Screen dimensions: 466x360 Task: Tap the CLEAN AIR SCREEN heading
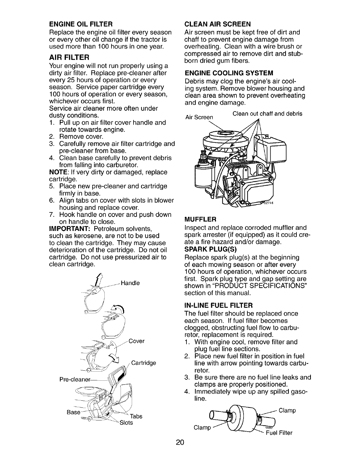217,24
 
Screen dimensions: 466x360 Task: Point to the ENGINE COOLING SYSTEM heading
229,73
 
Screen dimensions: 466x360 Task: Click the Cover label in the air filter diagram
136,341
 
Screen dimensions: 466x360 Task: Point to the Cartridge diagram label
143,363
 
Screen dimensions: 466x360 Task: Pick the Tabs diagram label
136,416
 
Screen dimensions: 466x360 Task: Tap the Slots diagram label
126,423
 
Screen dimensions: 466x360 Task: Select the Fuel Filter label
279,433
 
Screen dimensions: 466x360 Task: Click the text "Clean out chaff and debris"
267,114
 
